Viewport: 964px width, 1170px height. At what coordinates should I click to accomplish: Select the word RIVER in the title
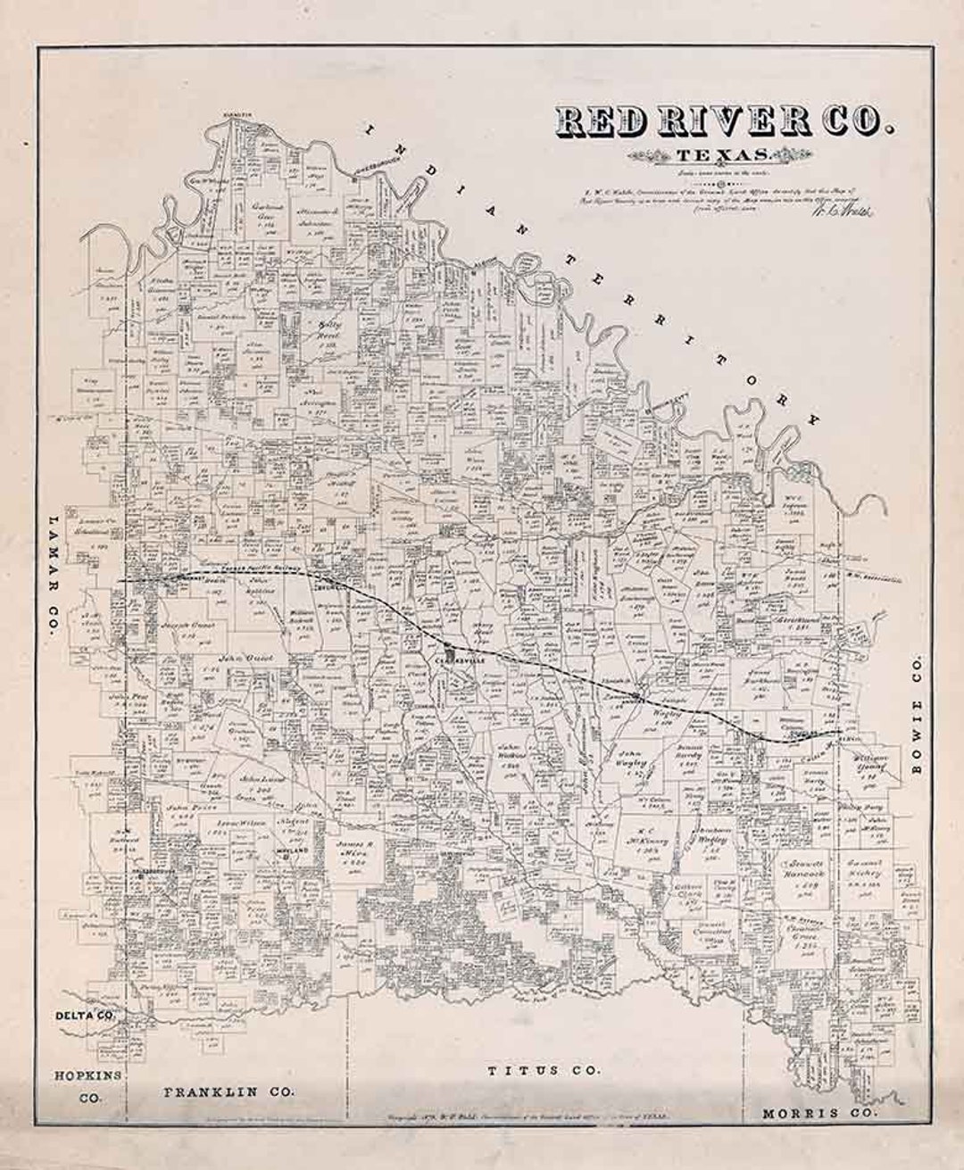click(x=723, y=123)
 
